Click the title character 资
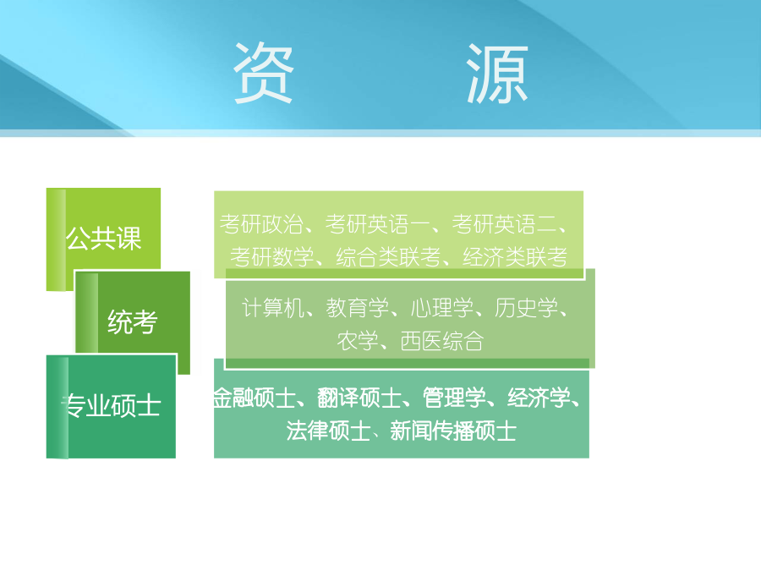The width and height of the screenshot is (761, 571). tap(264, 73)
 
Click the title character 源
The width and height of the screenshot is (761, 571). tap(497, 74)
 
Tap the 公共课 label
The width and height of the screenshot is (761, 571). tap(103, 239)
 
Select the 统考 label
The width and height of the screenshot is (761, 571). tap(133, 321)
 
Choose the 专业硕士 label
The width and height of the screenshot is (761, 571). tap(111, 405)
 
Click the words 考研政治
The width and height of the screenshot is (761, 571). tap(261, 224)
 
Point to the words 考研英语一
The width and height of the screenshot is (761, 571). tap(378, 224)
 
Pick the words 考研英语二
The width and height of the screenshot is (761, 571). tap(504, 224)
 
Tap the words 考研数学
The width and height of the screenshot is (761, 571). tap(272, 257)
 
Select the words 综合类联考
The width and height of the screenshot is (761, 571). tap(388, 257)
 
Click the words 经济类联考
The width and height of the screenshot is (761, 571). tap(515, 257)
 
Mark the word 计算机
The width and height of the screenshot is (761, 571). tap(273, 308)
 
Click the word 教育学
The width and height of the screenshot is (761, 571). tap(358, 308)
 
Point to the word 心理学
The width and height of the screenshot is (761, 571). tap(442, 308)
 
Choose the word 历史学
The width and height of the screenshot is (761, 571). tap(527, 308)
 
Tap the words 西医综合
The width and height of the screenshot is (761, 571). tap(441, 341)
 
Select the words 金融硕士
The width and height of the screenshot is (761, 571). tap(255, 398)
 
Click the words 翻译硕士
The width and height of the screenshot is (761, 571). tap(359, 398)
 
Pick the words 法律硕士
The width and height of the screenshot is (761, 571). tap(328, 431)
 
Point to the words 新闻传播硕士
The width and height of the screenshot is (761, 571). tap(453, 431)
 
